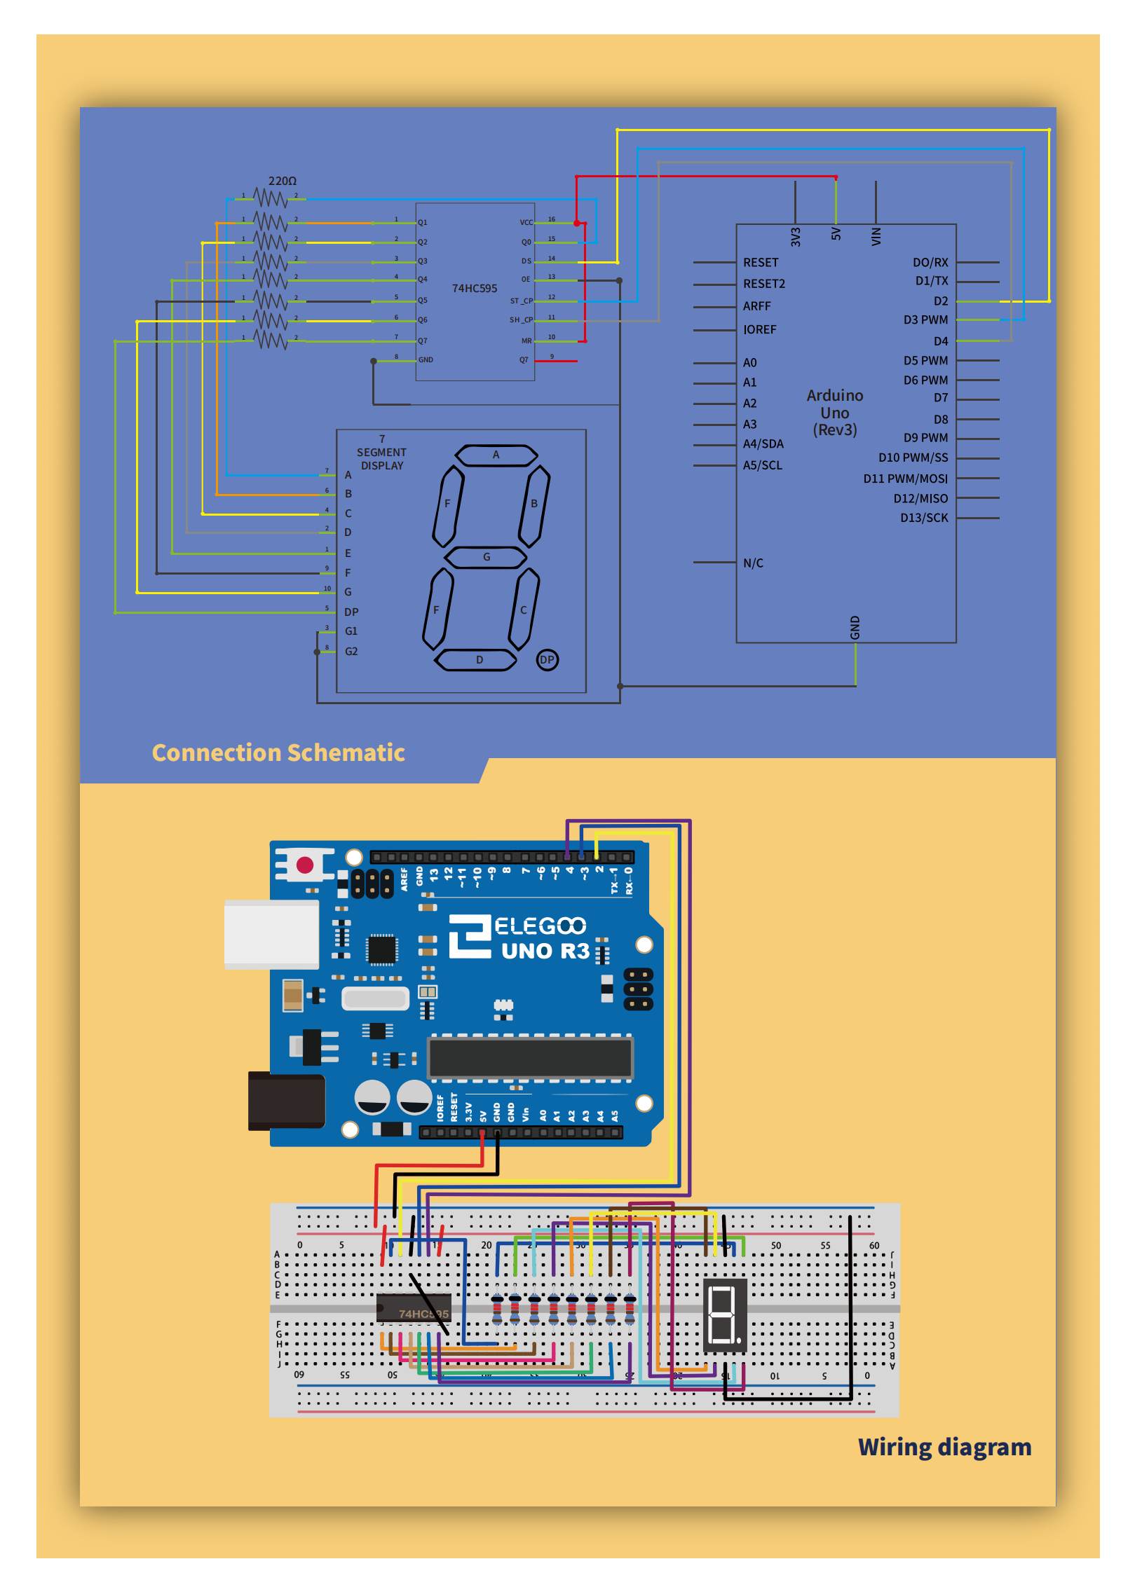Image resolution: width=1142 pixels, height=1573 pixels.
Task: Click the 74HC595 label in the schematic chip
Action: (474, 288)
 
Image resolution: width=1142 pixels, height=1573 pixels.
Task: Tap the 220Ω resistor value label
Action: (282, 181)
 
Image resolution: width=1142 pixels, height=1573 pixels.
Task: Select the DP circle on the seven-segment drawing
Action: (547, 659)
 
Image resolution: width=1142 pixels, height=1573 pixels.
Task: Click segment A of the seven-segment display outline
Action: (496, 455)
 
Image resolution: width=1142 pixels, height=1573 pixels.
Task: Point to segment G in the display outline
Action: (486, 557)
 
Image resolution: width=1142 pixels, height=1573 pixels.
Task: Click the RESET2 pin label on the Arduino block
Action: (763, 284)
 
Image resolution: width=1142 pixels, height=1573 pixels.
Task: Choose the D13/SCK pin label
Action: (923, 518)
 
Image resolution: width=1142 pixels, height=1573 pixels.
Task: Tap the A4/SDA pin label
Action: (763, 444)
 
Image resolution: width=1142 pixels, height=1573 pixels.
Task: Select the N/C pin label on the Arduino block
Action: (753, 563)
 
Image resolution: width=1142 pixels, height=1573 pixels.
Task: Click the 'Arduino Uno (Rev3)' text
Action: (834, 413)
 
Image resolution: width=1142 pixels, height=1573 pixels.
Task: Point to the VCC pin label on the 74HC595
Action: (526, 222)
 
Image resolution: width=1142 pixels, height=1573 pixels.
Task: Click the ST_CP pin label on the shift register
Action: (521, 301)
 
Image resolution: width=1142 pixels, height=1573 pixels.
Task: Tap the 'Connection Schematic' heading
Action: (278, 753)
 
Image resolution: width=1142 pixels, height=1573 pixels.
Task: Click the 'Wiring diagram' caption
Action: (944, 1446)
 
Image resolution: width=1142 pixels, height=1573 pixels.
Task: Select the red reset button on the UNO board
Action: (305, 865)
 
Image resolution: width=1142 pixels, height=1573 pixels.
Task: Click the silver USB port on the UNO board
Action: (271, 934)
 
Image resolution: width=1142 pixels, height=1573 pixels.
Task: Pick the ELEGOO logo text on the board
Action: (540, 926)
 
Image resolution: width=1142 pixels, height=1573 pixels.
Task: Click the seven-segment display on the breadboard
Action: (724, 1314)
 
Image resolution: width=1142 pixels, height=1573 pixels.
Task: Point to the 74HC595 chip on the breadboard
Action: (414, 1307)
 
